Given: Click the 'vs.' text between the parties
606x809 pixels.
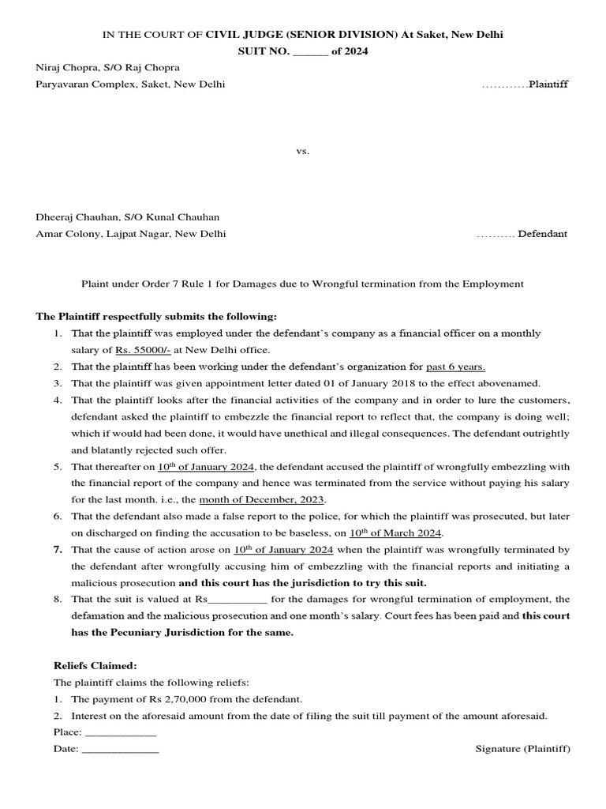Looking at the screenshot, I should [x=303, y=151].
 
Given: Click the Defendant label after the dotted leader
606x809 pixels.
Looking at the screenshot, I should [x=542, y=234].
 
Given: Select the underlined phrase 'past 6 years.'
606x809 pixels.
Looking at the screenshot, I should [x=455, y=367].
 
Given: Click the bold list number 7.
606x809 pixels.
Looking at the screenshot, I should [x=58, y=549].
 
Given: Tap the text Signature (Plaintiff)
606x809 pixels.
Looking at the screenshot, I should [x=522, y=749].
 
